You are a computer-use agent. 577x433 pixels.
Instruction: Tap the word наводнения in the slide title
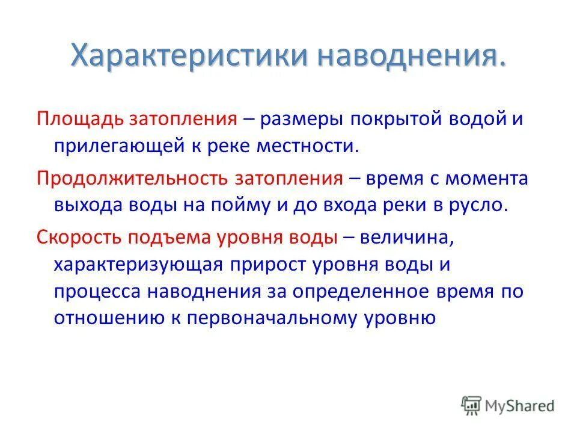click(412, 57)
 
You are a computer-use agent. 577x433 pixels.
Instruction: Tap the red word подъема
click(161, 237)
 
